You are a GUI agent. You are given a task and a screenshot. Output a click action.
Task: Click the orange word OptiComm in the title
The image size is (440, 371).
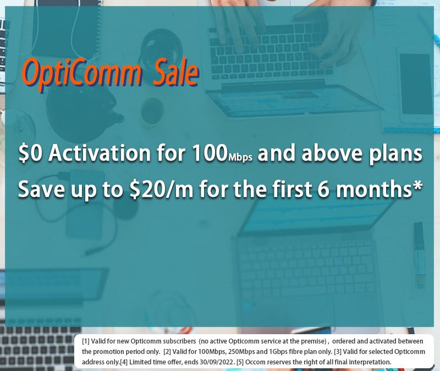pos(82,74)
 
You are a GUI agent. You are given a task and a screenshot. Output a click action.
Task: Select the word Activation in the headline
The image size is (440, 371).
pos(100,153)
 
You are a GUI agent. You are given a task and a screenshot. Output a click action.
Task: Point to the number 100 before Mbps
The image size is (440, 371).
pos(210,153)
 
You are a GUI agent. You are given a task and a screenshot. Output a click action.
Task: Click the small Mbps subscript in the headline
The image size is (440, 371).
pos(240,157)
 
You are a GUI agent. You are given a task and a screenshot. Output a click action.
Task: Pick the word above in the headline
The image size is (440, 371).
pos(332,153)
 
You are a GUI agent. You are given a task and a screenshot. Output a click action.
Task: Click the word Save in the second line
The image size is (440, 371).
pos(41,189)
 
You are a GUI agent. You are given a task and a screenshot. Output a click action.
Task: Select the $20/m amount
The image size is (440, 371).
pos(162,189)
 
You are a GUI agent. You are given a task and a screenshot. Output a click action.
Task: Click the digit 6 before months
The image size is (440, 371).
pos(324,189)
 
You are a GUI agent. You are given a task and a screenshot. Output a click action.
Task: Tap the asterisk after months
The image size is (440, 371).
pos(417,185)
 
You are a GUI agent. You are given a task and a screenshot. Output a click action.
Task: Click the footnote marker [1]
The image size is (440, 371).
pos(86,341)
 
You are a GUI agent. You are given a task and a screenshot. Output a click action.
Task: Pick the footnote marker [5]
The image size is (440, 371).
pos(240,362)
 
